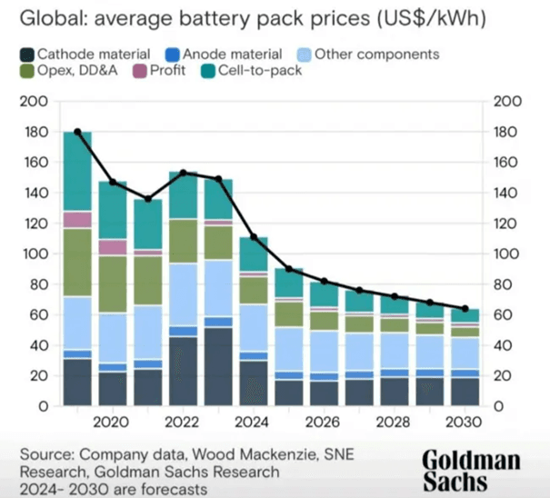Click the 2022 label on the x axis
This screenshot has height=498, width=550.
coord(183,422)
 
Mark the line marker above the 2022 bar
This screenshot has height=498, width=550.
coord(183,172)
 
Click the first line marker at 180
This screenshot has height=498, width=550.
coord(77,132)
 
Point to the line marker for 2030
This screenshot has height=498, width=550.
coord(465,309)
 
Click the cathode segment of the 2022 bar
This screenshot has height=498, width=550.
coord(183,371)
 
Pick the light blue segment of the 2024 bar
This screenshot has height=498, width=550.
coord(254,327)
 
